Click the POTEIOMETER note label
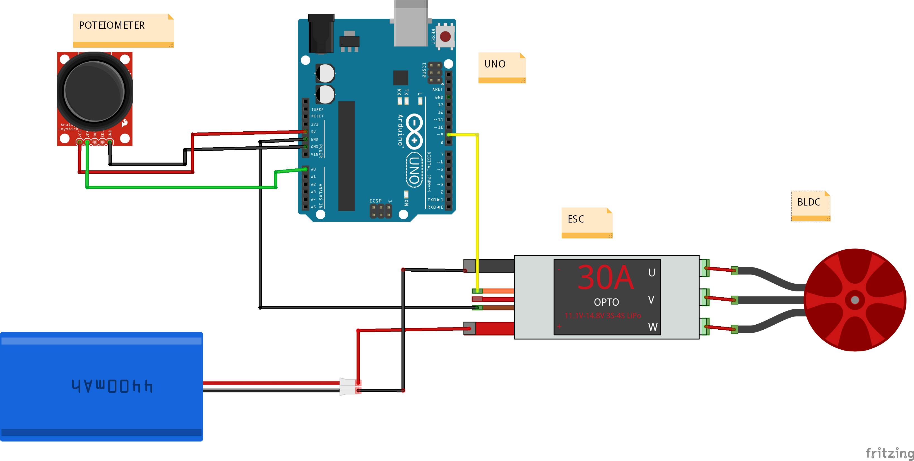pos(112,26)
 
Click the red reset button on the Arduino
pos(445,36)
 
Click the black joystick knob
pos(94,91)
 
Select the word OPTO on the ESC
pos(606,302)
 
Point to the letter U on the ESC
pos(651,273)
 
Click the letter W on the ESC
pos(653,327)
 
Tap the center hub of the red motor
pos(855,300)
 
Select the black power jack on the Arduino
pos(321,34)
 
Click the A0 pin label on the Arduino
pos(313,169)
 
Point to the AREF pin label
pos(437,89)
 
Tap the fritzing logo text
pos(889,453)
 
